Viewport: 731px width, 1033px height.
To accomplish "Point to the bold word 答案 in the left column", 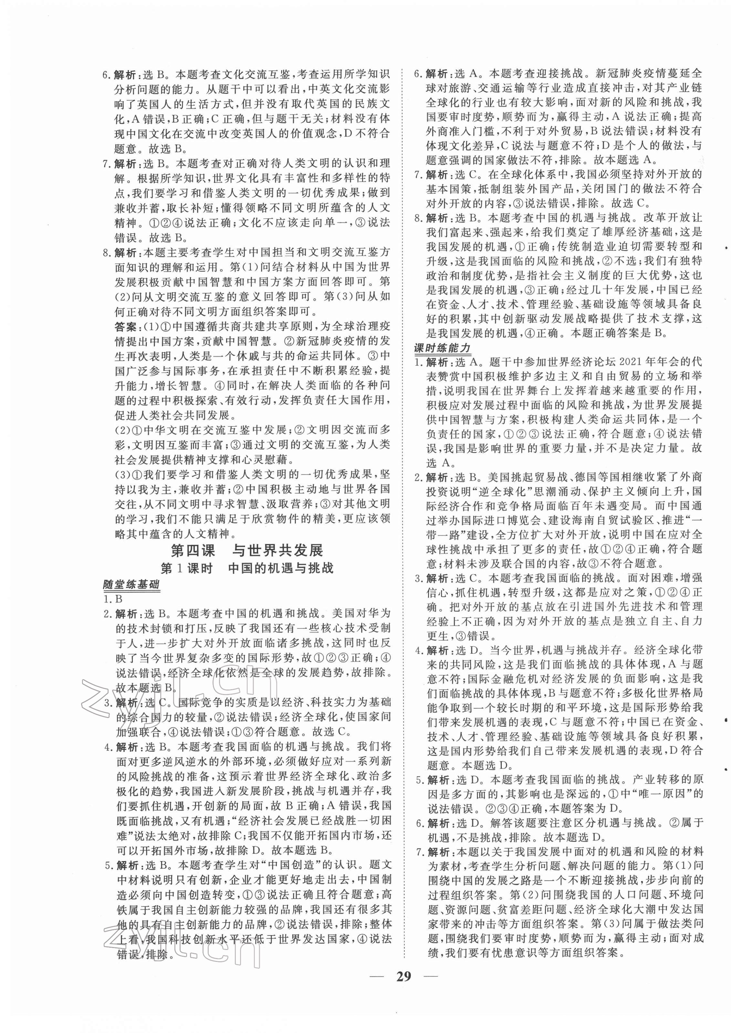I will [125, 326].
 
